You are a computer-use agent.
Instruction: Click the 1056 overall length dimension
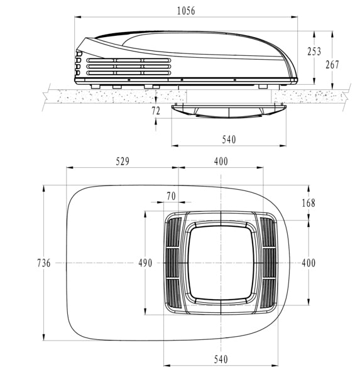click(x=186, y=11)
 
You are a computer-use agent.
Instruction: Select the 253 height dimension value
click(x=314, y=52)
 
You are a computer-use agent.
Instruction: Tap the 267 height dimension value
click(x=332, y=65)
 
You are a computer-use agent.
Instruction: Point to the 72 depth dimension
click(x=156, y=111)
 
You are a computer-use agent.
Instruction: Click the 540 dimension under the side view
click(x=229, y=139)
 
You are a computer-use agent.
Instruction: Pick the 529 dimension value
click(x=123, y=161)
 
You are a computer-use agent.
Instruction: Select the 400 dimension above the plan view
click(x=221, y=161)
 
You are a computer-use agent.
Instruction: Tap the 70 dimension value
click(x=172, y=196)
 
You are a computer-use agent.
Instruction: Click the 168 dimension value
click(x=308, y=203)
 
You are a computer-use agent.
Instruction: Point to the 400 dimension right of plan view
click(x=308, y=263)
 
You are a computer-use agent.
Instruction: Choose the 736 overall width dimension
click(x=44, y=263)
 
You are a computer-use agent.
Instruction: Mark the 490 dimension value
click(x=145, y=263)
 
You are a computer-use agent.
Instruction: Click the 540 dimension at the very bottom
click(x=221, y=359)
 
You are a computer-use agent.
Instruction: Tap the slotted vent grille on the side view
click(x=129, y=67)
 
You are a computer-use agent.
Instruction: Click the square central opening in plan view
click(x=221, y=263)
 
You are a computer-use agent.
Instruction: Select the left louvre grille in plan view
click(x=174, y=263)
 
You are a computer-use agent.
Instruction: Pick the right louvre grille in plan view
click(x=268, y=263)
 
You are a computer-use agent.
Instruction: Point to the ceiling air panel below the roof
click(x=229, y=111)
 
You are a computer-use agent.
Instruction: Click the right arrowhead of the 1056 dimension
click(x=295, y=17)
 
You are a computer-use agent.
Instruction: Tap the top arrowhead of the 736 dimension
click(x=44, y=188)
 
